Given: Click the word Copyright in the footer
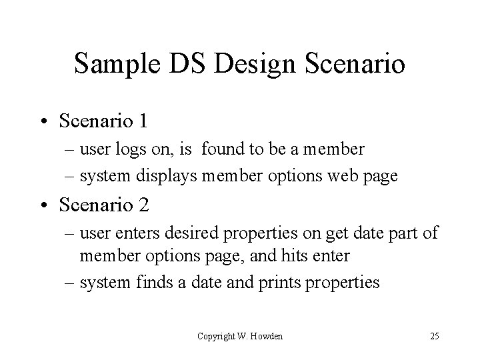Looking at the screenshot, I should tap(217, 336).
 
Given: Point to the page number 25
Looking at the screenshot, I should tap(434, 336).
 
